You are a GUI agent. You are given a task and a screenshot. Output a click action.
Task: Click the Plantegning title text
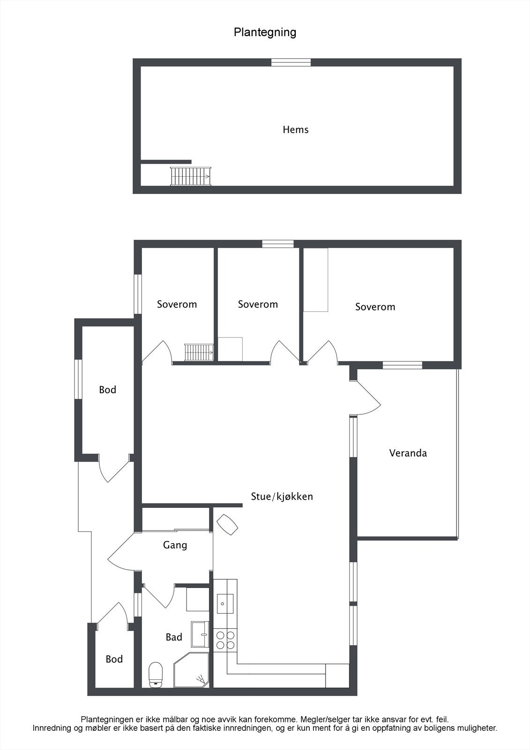[265, 32]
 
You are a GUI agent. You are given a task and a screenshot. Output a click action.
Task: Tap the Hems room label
[295, 129]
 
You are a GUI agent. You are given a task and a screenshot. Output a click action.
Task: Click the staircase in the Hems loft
[191, 176]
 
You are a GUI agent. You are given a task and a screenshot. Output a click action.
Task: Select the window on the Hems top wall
[291, 62]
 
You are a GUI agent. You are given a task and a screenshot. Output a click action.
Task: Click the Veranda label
[408, 453]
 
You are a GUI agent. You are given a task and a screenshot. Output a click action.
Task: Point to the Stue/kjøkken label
[282, 496]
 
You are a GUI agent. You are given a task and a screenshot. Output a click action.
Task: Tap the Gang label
[175, 545]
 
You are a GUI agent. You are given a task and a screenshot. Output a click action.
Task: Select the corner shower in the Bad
[191, 670]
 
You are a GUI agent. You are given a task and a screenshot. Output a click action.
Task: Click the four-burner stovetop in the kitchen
[225, 640]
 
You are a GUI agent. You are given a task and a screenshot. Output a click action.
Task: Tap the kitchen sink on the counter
[225, 603]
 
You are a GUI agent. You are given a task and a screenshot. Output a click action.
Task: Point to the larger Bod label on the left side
[107, 390]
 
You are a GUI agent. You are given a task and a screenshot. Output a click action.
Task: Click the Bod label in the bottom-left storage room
[114, 659]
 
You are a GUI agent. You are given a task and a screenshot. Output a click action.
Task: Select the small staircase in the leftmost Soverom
[199, 352]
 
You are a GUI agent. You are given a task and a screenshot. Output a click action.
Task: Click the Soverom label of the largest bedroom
[375, 307]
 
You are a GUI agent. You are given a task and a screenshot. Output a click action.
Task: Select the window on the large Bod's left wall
[78, 379]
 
